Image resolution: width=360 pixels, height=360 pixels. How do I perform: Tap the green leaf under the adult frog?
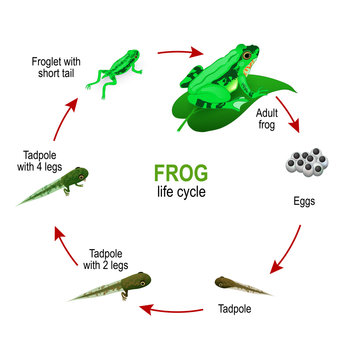pos(215,106)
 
